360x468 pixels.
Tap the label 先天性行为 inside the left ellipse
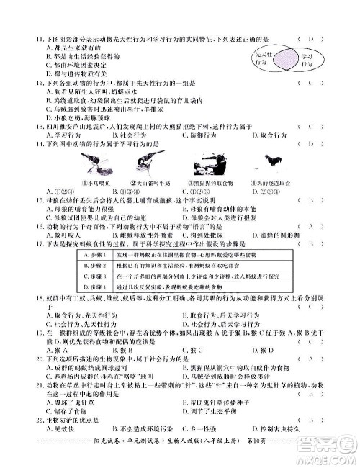pos(263,59)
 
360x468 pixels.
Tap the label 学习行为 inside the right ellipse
pos(307,59)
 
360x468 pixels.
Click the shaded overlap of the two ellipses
pos(284,59)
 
